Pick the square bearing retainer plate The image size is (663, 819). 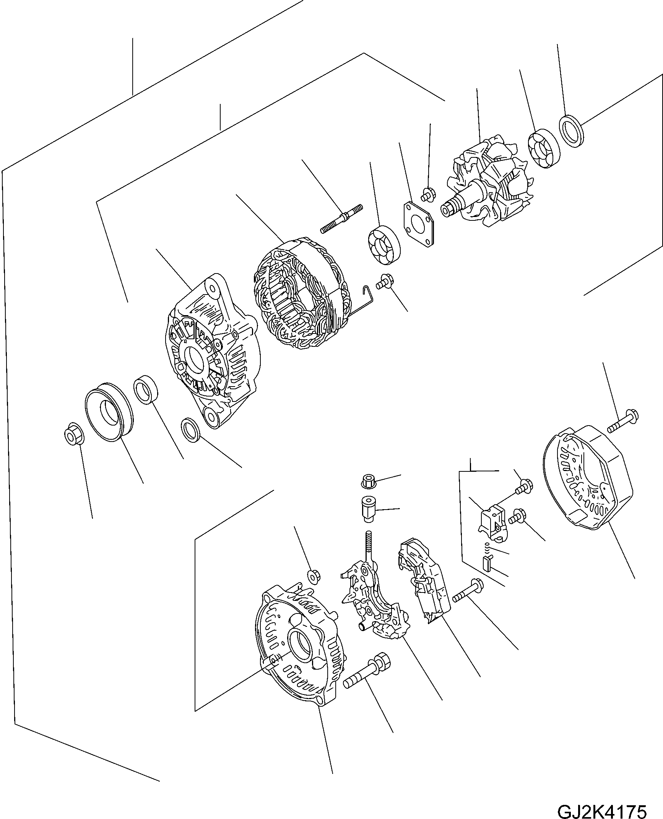pos(420,223)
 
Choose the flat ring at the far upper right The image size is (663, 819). pos(572,130)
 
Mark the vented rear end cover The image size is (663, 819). pos(588,478)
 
